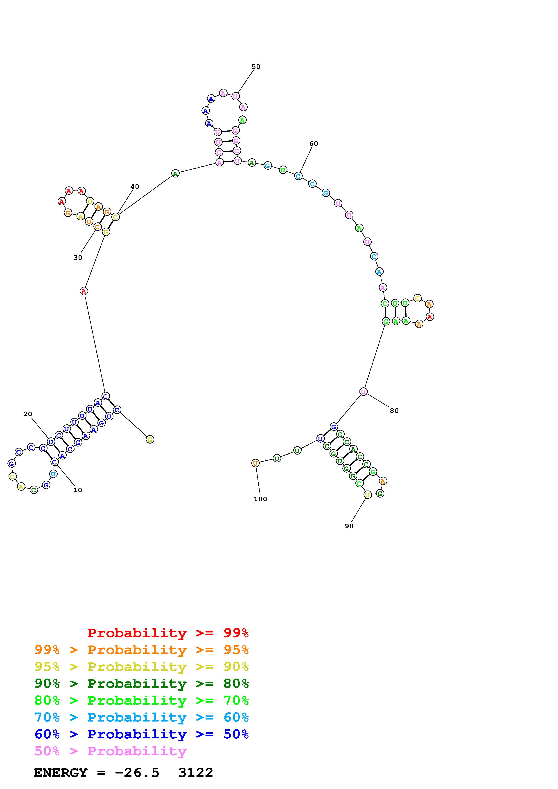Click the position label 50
pos(256,67)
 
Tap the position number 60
pos(314,144)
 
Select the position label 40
pos(135,187)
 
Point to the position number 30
pos(78,257)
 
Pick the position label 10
pos(78,490)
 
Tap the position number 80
pos(394,411)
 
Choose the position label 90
pos(349,526)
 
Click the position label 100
pos(260,499)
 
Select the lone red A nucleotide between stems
pos(84,291)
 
